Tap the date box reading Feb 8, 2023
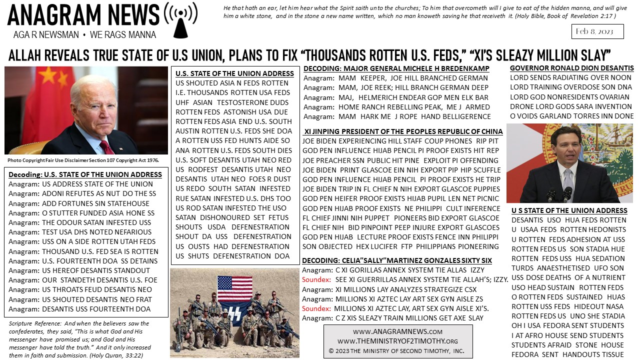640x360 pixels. [597, 31]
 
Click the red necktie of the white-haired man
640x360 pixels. [106, 146]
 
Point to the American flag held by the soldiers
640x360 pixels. [234, 288]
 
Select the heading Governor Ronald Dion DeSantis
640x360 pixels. [571, 68]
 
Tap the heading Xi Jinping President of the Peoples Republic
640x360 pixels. [403, 131]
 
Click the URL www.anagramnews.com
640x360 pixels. [397, 331]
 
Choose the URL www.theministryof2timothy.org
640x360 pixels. [397, 341]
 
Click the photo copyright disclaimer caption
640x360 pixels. [83, 160]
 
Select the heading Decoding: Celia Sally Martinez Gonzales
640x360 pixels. [396, 260]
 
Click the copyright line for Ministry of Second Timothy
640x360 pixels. [397, 350]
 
